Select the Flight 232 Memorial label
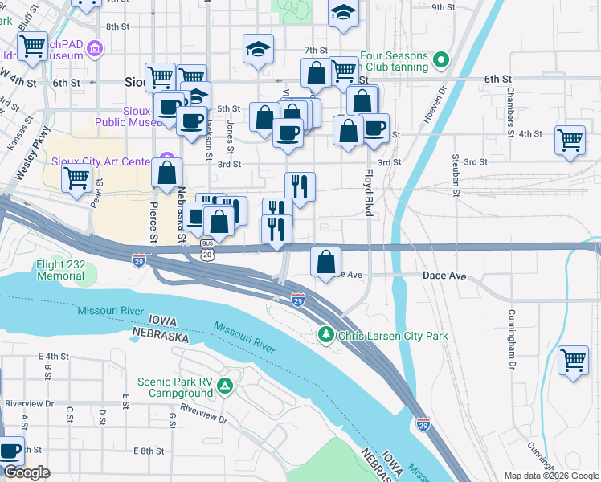coord(59,270)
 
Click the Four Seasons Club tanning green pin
coord(440,59)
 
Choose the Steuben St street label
coord(456,174)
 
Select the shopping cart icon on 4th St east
coord(570,140)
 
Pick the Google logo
coord(27,472)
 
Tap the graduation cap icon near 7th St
coord(259,49)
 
